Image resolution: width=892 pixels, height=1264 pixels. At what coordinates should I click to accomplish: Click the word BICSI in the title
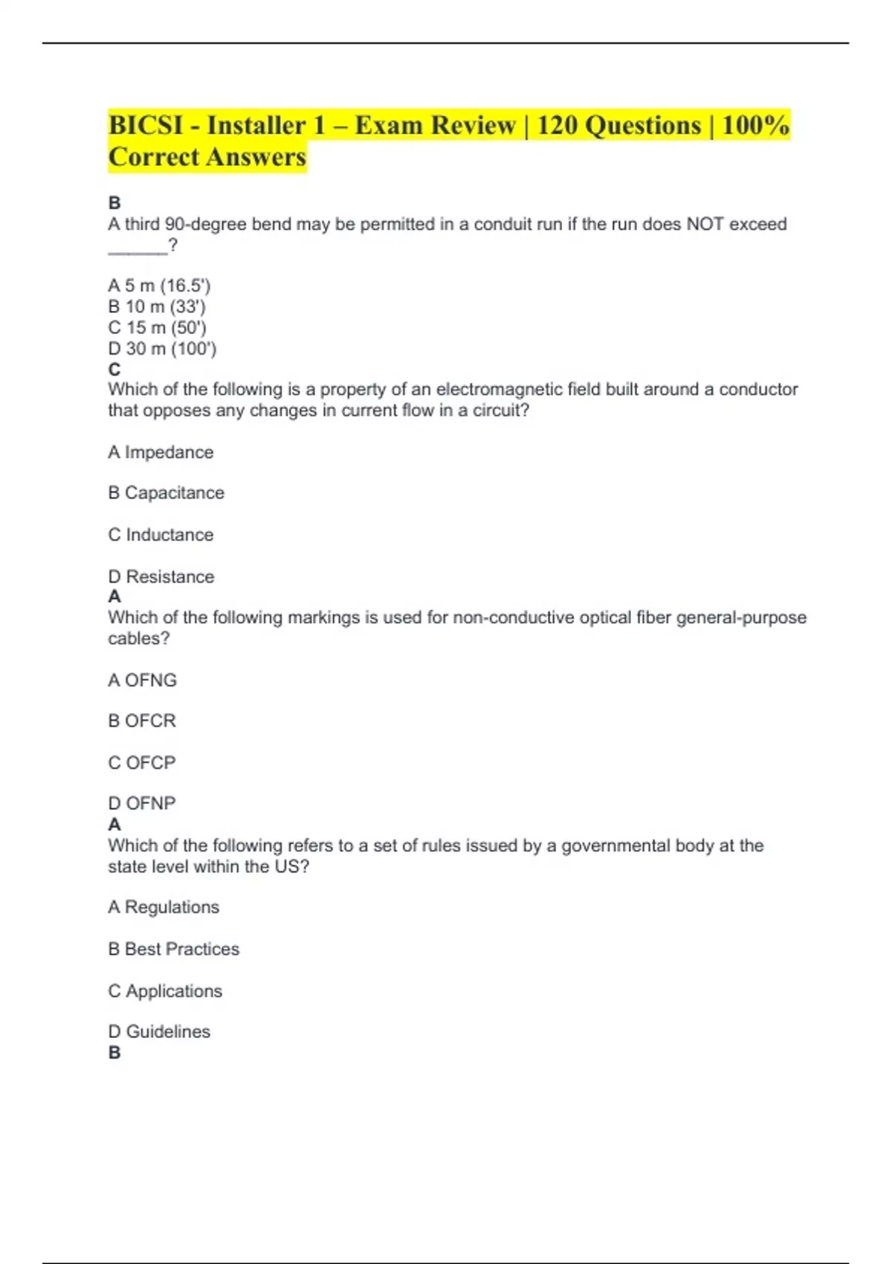tap(146, 125)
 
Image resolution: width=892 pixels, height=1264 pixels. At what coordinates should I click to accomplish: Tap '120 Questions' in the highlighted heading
tap(618, 125)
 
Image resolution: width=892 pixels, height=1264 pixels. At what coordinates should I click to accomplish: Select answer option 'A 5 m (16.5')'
tap(159, 286)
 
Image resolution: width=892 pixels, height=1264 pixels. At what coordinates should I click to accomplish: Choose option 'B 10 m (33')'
tap(157, 306)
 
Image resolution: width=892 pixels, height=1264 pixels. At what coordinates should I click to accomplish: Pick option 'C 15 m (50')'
tap(157, 327)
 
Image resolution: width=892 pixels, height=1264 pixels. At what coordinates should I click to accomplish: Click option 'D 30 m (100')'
tap(162, 348)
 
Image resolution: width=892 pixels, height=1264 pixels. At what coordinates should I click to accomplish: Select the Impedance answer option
tap(161, 452)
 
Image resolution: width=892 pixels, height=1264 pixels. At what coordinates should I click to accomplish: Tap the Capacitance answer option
tap(166, 493)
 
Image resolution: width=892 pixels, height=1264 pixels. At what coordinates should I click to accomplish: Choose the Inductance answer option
tap(161, 535)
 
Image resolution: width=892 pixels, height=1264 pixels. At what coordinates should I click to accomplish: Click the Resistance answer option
tap(161, 576)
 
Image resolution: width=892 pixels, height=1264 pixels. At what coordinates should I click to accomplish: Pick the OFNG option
tap(142, 680)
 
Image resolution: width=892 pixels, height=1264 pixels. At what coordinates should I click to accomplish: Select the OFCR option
tap(142, 721)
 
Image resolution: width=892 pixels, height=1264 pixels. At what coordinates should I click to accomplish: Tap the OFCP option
tap(142, 763)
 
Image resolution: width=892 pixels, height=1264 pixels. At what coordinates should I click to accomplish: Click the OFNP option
tap(142, 803)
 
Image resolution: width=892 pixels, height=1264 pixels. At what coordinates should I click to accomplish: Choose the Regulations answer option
tap(164, 907)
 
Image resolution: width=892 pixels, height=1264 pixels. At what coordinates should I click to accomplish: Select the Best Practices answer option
tap(173, 949)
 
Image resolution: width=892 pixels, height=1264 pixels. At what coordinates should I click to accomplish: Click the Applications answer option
tap(165, 991)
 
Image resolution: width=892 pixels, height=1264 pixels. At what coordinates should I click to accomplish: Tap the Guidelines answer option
tap(159, 1031)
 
